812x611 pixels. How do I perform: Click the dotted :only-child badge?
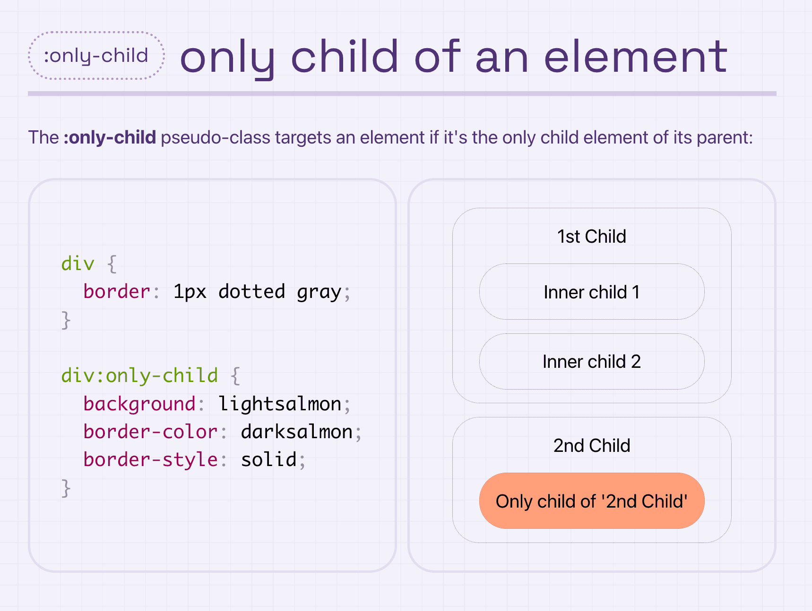click(96, 56)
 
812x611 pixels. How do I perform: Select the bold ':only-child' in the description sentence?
click(110, 137)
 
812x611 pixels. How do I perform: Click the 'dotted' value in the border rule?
click(252, 291)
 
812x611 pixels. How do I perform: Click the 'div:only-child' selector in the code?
click(139, 375)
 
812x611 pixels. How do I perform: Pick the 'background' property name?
click(139, 404)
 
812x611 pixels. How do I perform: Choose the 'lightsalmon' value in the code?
click(280, 404)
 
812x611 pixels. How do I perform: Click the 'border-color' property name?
click(150, 432)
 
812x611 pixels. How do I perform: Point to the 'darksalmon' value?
click(297, 432)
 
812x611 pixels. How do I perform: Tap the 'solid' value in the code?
click(269, 459)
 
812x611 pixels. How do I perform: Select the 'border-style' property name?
click(150, 459)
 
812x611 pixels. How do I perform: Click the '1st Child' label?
click(592, 237)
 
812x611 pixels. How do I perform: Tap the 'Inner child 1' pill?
click(592, 292)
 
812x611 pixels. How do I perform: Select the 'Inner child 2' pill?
click(592, 361)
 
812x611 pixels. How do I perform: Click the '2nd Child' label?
click(592, 446)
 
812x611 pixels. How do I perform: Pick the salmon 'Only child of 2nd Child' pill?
click(592, 501)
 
